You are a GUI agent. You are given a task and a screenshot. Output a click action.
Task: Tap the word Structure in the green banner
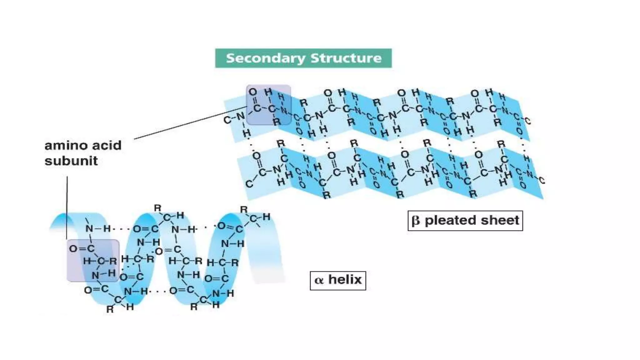[346, 58]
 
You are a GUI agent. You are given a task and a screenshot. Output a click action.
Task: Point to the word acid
[106, 146]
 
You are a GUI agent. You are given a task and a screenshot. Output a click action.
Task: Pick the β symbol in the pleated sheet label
[416, 221]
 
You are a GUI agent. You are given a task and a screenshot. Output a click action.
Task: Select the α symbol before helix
[319, 280]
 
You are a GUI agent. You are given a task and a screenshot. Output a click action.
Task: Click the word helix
[345, 279]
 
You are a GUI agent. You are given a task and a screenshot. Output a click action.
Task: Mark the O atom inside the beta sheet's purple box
[252, 92]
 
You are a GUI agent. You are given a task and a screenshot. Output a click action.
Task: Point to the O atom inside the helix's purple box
[73, 249]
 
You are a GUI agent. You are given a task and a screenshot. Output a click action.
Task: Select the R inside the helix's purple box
[113, 261]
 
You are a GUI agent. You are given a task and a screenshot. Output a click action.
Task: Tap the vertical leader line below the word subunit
[67, 206]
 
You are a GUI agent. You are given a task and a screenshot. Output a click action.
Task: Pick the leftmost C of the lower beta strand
[249, 184]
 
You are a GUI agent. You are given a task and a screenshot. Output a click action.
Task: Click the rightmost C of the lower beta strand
[542, 181]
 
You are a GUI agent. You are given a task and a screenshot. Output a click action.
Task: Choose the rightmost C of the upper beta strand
[527, 121]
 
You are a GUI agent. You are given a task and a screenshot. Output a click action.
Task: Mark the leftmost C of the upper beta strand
[227, 120]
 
